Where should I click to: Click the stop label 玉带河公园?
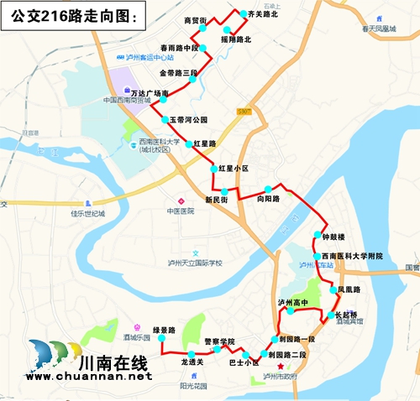pos(189,120)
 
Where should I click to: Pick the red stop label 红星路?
pos(205,144)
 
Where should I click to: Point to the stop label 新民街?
pos(217,200)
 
